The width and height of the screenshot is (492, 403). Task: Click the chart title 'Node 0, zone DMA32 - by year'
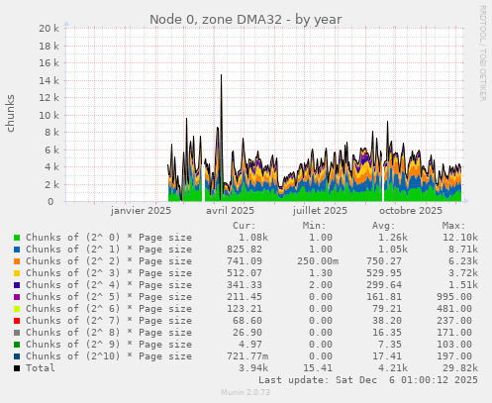pyautogui.click(x=246, y=19)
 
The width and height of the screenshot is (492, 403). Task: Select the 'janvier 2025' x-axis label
pyautogui.click(x=141, y=211)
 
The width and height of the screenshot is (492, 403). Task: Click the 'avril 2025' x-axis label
pyautogui.click(x=230, y=211)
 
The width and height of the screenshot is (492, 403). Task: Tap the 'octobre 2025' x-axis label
pyautogui.click(x=411, y=211)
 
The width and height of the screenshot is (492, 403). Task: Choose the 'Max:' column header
pyautogui.click(x=454, y=226)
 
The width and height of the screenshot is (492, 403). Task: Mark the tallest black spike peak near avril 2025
pyautogui.click(x=221, y=75)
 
